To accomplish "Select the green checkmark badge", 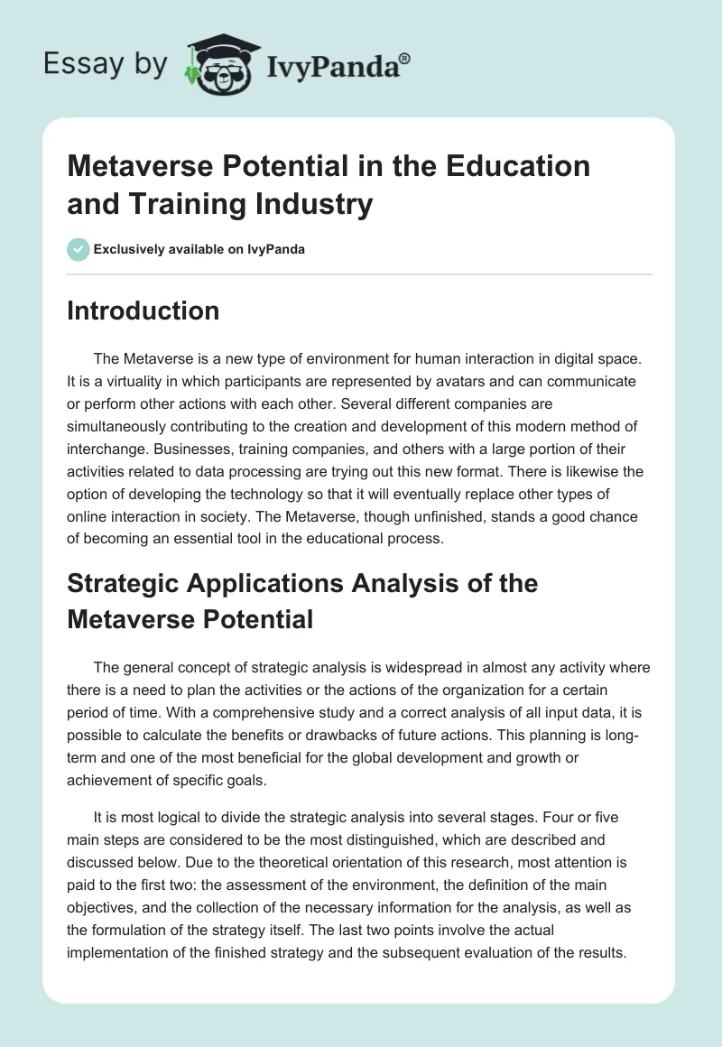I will point(78,249).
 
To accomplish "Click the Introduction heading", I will point(143,310).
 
